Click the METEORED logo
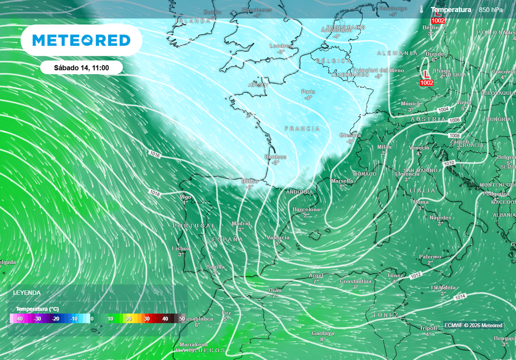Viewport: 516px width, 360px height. tap(81, 40)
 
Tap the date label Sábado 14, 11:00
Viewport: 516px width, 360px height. tap(81, 68)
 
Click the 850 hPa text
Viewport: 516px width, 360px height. tap(491, 10)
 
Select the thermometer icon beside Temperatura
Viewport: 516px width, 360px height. tap(421, 10)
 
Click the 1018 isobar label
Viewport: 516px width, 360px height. tap(155, 193)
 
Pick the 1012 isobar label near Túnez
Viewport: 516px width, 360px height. tap(416, 275)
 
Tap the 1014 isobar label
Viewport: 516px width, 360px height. tap(460, 297)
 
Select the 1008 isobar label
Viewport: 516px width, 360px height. tap(455, 136)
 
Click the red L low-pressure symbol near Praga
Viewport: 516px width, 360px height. tap(426, 74)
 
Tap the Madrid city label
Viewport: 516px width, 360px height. tap(240, 223)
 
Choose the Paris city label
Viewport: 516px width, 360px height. tap(308, 92)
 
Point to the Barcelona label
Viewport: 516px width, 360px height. tap(306, 209)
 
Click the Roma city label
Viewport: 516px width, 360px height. tap(421, 202)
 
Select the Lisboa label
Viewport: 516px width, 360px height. tap(181, 249)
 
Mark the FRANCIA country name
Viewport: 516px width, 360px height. tap(302, 129)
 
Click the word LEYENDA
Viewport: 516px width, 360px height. tap(27, 292)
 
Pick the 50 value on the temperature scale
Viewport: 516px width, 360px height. tap(182, 319)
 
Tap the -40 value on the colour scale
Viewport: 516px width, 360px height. tap(20, 319)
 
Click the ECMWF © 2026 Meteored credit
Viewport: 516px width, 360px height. tap(473, 325)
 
